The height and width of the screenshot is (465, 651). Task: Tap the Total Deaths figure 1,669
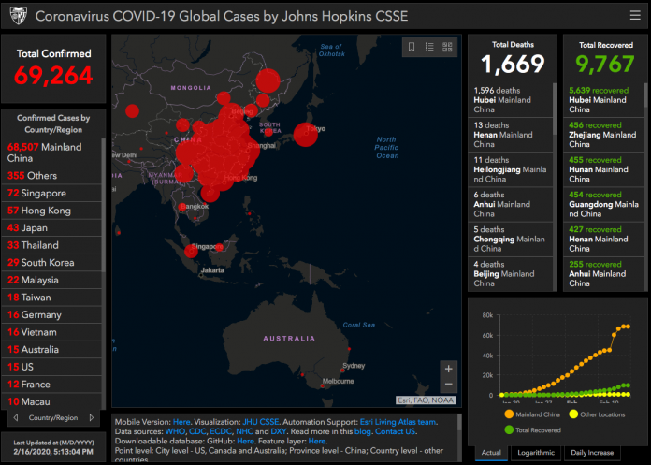[x=513, y=64]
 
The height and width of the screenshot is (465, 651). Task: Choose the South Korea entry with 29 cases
[x=47, y=263]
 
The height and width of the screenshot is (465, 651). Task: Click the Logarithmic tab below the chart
[x=537, y=453]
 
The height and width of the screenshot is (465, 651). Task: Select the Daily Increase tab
[x=591, y=453]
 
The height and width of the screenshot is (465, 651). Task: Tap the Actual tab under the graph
[x=491, y=453]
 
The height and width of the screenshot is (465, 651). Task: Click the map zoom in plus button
[x=449, y=369]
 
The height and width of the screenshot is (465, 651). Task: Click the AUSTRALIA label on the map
[x=289, y=338]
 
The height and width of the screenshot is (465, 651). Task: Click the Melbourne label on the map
[x=338, y=382]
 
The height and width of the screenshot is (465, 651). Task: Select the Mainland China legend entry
[x=538, y=414]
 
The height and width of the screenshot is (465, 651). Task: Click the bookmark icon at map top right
[x=411, y=47]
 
